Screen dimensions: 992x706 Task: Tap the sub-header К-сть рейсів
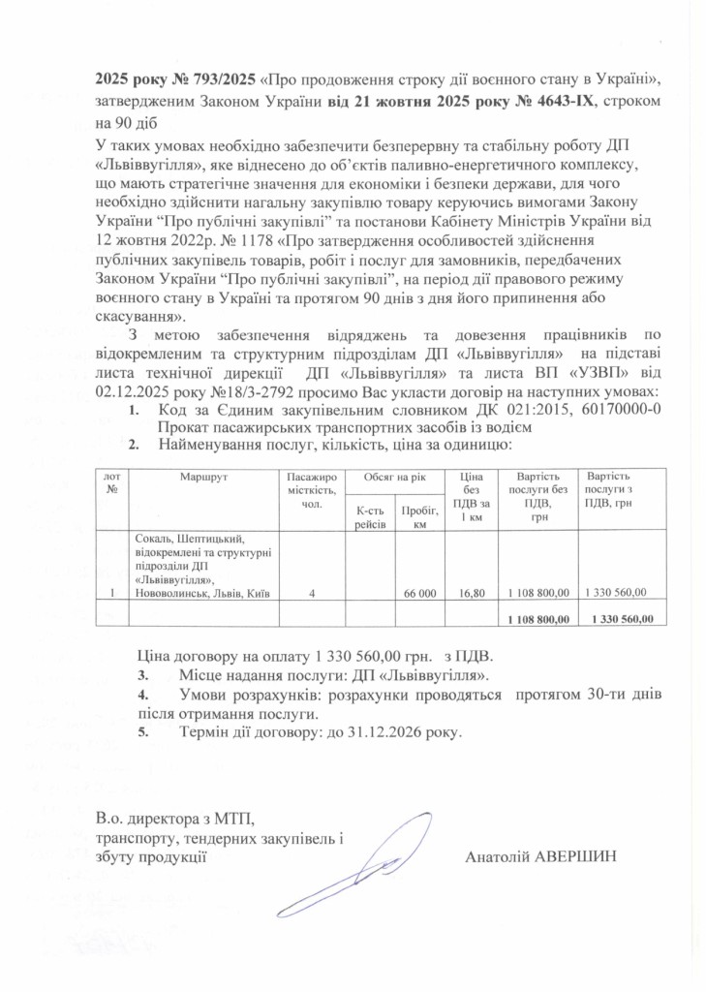[371, 516]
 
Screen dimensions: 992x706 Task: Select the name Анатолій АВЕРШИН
[540, 856]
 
